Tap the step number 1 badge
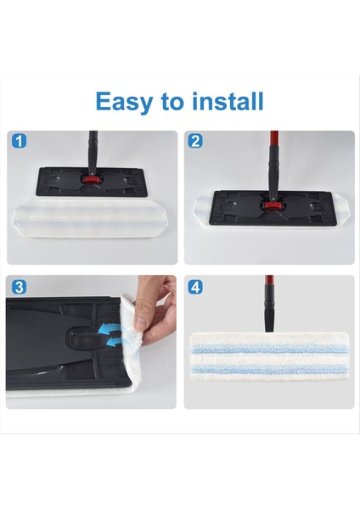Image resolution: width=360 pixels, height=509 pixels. (x=20, y=142)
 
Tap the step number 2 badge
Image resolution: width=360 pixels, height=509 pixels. (x=195, y=142)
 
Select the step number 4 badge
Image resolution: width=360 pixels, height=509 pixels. (x=196, y=287)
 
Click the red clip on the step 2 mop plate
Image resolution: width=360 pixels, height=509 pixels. (x=273, y=205)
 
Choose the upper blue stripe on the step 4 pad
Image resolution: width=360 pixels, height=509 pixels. (x=267, y=348)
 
